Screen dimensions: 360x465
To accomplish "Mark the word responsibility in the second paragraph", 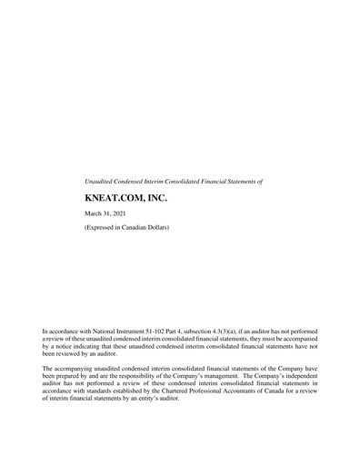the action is (x=150, y=376).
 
